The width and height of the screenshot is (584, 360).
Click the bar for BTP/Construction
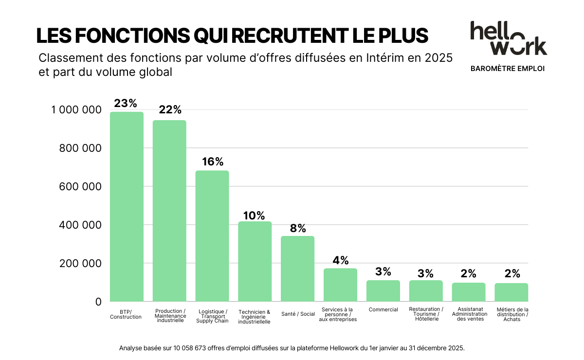coord(127,207)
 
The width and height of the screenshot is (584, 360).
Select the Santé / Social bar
coord(297,269)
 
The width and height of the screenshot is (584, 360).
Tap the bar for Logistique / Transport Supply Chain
coord(212,236)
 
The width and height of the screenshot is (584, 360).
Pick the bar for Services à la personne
coord(340,285)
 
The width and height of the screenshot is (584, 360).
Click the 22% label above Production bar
coord(170,109)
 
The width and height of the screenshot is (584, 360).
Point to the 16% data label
coord(212,162)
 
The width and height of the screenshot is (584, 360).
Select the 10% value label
coord(254,215)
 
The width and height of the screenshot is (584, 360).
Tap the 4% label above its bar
coord(341,260)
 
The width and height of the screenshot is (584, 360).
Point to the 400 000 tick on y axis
coord(80,225)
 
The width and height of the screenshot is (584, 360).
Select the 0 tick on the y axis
coord(98,302)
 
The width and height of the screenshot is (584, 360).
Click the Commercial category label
coord(383,309)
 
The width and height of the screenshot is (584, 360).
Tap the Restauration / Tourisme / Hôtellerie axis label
coord(426,314)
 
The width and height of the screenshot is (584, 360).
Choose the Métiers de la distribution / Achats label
coord(512,314)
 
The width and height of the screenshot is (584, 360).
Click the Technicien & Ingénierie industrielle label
coord(254,316)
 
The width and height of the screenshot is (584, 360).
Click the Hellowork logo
coord(508,38)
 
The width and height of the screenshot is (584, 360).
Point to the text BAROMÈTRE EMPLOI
coord(508,69)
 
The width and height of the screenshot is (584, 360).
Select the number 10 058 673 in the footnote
coord(194,348)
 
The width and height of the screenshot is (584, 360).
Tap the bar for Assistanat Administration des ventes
coord(469,292)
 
